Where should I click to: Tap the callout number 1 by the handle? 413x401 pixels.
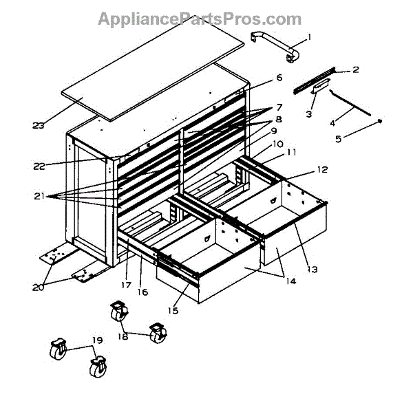click(309, 37)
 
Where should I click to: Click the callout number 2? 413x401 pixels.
click(355, 69)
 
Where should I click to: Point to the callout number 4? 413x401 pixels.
click(332, 123)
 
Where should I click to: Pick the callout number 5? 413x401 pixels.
click(337, 139)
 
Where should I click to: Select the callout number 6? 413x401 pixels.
click(279, 78)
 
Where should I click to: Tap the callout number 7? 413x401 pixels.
click(279, 107)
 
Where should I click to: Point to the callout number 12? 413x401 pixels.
click(321, 169)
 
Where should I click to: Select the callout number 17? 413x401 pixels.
click(127, 283)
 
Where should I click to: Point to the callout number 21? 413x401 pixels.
click(39, 196)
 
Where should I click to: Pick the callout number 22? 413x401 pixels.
click(39, 166)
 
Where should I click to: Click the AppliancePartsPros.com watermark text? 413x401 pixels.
click(200, 19)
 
